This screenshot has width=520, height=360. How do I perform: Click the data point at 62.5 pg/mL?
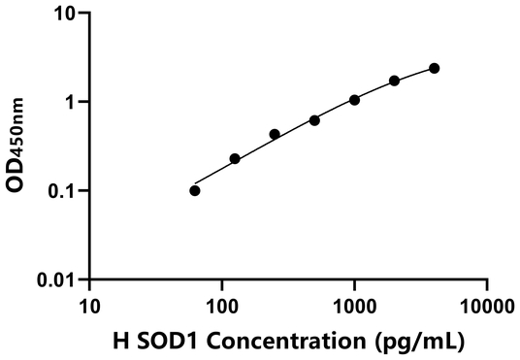pyautogui.click(x=195, y=190)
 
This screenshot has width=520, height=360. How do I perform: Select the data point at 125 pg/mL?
pyautogui.click(x=235, y=158)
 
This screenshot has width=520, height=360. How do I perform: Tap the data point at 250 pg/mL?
pyautogui.click(x=275, y=134)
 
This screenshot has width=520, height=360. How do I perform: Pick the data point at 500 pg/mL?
pyautogui.click(x=314, y=120)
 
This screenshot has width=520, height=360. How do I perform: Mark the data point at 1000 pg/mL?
pyautogui.click(x=354, y=100)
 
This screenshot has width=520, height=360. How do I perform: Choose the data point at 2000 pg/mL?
pyautogui.click(x=394, y=81)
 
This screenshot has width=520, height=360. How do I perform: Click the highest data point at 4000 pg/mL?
pyautogui.click(x=434, y=68)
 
